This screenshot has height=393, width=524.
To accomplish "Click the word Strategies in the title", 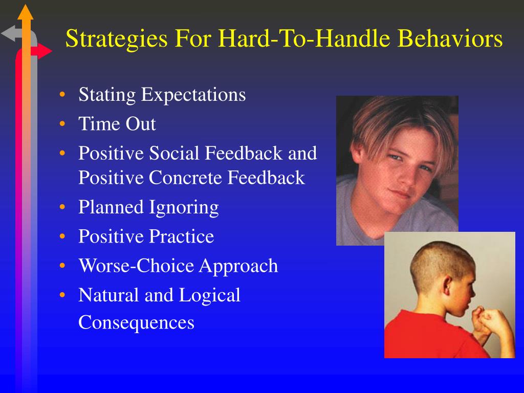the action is point(116,39).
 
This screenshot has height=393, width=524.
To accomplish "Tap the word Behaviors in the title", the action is point(450,38).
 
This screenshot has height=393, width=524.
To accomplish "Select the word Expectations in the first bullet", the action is point(193,95).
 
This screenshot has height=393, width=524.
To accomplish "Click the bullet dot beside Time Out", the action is point(62,124).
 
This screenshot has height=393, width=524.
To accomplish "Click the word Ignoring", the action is point(184,208).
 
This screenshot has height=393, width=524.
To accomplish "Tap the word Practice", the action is point(181,236).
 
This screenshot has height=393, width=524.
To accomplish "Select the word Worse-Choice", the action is point(136,266).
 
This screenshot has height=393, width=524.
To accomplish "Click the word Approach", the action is point(238,267).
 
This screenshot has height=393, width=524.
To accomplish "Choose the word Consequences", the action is point(136,323).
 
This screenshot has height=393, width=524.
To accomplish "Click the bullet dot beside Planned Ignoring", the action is point(62,207).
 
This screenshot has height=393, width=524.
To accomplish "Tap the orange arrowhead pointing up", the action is point(26,12).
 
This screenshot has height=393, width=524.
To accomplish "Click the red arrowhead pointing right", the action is point(45,51).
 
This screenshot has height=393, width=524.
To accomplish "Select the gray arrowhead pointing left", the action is point(8,33).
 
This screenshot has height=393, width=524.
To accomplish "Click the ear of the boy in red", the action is point(447,287).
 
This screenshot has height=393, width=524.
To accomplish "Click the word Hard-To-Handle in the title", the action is point(282,38).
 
